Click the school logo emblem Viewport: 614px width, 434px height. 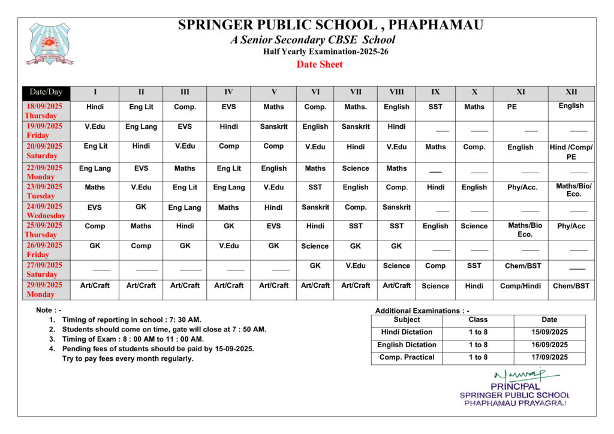(x=49, y=43)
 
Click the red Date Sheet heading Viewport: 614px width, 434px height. (x=320, y=65)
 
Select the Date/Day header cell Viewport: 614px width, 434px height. (x=46, y=92)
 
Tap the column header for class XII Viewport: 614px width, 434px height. (x=571, y=92)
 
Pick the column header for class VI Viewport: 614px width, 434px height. (x=315, y=92)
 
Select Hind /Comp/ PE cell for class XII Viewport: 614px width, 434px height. (x=571, y=152)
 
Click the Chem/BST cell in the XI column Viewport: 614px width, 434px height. (x=520, y=266)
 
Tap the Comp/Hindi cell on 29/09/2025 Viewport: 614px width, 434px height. (x=520, y=287)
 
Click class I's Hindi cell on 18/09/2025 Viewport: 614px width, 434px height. (x=95, y=107)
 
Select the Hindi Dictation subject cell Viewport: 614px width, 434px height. (x=407, y=332)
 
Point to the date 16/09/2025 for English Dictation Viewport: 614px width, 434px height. (x=549, y=345)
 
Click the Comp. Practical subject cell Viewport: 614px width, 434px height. (x=407, y=358)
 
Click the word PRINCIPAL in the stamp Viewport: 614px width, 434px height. (x=514, y=387)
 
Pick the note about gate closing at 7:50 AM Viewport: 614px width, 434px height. (x=164, y=330)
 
